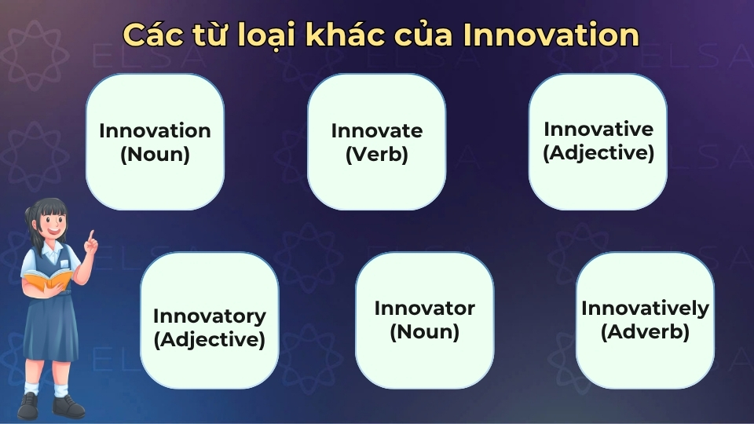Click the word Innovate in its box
pos(376,130)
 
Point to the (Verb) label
pos(376,155)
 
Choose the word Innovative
pos(598,129)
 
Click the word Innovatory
pos(209,316)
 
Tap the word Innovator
pos(424,308)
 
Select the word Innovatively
pos(645,309)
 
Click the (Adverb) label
pos(645,332)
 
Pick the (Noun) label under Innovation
pos(155,155)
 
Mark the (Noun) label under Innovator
pos(424,332)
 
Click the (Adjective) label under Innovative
pos(598,152)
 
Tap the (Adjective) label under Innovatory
pos(209,341)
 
